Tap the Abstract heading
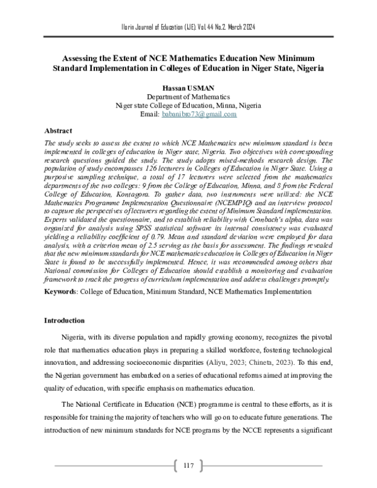pos(60,131)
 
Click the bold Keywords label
pos(62,292)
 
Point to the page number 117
pos(188,465)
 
